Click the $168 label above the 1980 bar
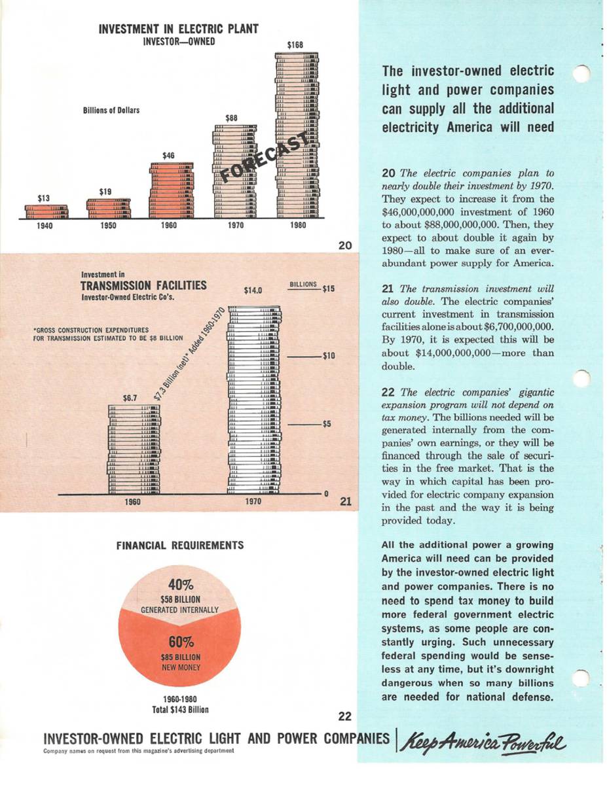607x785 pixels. [x=296, y=45]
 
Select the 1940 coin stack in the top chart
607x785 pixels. [x=46, y=211]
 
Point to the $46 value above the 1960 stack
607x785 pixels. [x=169, y=156]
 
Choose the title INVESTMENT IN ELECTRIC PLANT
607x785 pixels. [x=178, y=29]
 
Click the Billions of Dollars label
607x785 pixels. [x=111, y=111]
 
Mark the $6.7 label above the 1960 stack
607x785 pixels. [x=132, y=398]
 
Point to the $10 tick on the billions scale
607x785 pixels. [x=329, y=356]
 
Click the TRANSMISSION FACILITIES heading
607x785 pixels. [x=143, y=285]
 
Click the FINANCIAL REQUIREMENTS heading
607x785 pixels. [x=179, y=545]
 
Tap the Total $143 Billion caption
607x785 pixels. [x=181, y=709]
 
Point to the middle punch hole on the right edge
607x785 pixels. [x=581, y=378]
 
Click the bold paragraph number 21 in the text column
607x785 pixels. [x=388, y=288]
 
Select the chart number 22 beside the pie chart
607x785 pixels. [x=346, y=715]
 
